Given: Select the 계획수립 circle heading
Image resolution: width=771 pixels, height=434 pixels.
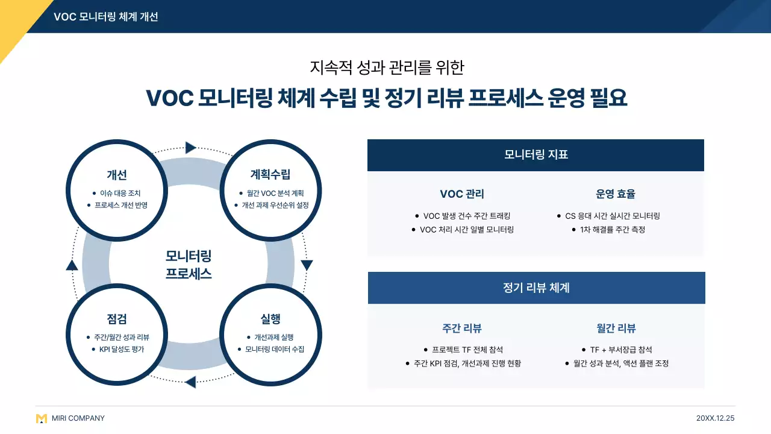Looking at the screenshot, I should pos(270,175).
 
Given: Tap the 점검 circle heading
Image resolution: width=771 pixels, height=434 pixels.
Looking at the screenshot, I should pos(116,319).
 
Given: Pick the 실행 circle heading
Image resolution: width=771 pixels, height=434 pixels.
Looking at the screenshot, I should pos(270,319).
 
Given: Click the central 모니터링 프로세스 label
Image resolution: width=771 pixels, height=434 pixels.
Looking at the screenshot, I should pos(189,265).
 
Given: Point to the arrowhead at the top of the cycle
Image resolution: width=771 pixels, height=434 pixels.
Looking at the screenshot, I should pos(191,148).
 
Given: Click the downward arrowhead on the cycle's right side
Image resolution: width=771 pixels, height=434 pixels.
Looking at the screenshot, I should pos(307,265).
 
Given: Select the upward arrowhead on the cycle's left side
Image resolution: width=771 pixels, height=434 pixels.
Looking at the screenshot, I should pos(72,265).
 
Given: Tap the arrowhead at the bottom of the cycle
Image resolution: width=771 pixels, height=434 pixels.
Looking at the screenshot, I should pos(190,382).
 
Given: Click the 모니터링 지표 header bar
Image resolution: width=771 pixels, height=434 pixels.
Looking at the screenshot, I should pos(535,155).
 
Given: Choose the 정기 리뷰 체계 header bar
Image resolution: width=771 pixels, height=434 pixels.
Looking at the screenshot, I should pos(536,288).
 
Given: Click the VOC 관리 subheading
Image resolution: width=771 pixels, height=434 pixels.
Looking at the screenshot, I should pos(462,194).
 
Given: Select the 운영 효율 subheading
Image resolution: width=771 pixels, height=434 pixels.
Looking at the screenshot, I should pos(616,194).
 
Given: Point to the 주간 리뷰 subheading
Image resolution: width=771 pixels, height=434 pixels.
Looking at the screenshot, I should pos(462,329).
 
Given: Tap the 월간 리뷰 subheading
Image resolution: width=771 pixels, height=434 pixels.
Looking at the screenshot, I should pos(616,329).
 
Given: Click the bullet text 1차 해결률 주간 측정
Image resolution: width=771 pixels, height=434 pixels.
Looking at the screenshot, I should pos(612,230).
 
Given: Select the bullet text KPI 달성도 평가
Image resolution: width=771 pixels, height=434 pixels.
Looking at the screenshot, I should pos(122,349).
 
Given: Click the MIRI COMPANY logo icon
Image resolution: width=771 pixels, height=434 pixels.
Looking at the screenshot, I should pos(41,418).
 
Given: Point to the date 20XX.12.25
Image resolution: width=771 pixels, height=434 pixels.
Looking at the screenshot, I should pos(715,418).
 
